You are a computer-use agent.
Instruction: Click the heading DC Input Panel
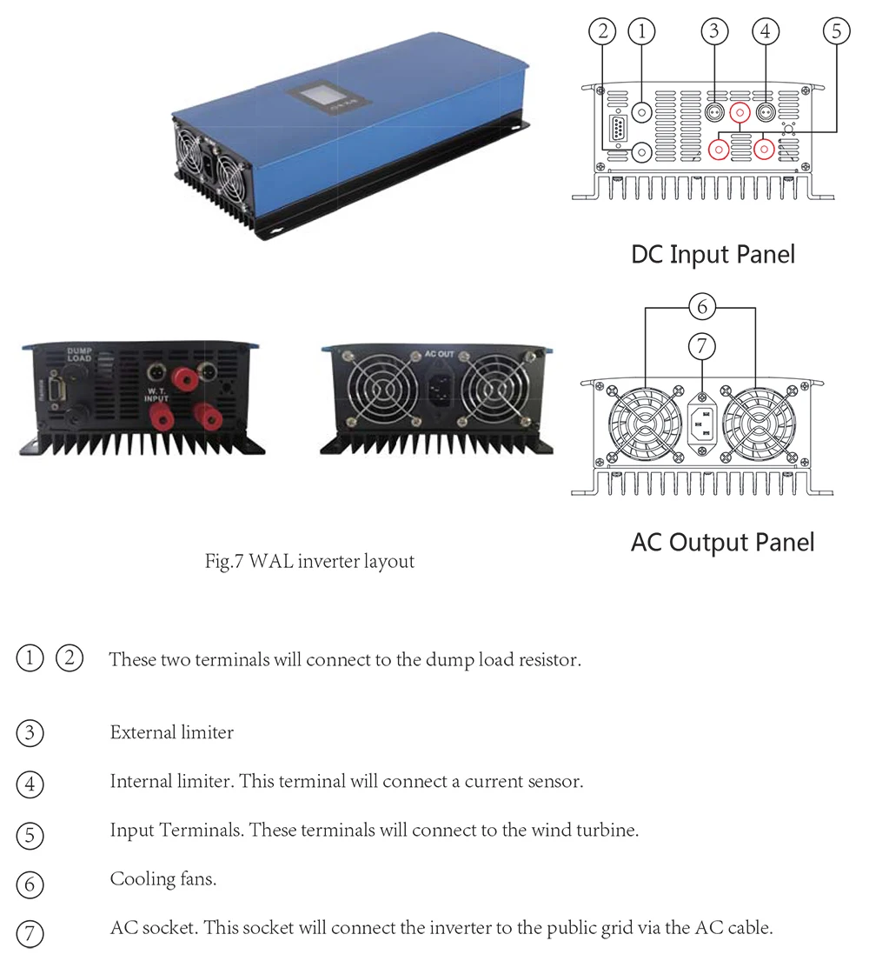713,254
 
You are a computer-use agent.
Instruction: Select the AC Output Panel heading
722,542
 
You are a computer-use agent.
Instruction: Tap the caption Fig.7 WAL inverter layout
309,561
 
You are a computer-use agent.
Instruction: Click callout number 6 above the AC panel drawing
701,306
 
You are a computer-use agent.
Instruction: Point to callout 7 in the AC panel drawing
701,346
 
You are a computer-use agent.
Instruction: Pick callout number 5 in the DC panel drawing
835,31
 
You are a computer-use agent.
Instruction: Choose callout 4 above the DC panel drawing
765,31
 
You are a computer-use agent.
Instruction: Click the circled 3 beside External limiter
30,733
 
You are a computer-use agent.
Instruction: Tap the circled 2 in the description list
70,658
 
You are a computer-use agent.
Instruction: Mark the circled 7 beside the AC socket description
30,934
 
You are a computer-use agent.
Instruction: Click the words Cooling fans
163,879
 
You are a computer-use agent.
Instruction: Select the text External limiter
171,732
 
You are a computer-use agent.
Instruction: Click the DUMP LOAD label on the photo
79,355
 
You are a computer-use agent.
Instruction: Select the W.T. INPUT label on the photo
157,393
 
